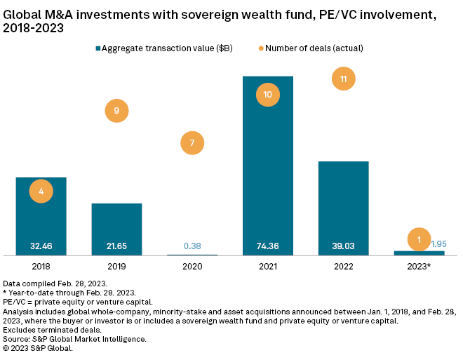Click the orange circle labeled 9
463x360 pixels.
(116, 110)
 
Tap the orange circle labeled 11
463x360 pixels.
(343, 79)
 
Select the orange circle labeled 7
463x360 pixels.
(192, 143)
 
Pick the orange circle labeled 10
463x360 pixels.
(267, 94)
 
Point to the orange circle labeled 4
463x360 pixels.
(41, 191)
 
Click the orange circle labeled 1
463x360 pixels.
(419, 240)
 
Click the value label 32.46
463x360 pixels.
(41, 246)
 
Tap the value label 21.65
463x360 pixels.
(116, 246)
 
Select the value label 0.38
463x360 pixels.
(192, 246)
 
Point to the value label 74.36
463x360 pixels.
(267, 246)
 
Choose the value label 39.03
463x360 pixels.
(343, 246)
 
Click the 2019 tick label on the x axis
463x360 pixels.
(116, 267)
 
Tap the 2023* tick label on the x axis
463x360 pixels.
(420, 267)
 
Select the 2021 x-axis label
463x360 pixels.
(267, 267)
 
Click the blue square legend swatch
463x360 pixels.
(98, 48)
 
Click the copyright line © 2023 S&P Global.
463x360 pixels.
(39, 348)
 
